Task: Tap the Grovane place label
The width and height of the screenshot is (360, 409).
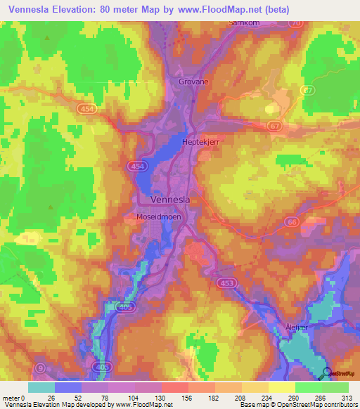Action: [x=190, y=82]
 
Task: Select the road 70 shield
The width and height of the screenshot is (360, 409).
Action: [x=295, y=22]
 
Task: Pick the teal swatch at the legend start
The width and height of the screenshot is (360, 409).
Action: [x=41, y=387]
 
